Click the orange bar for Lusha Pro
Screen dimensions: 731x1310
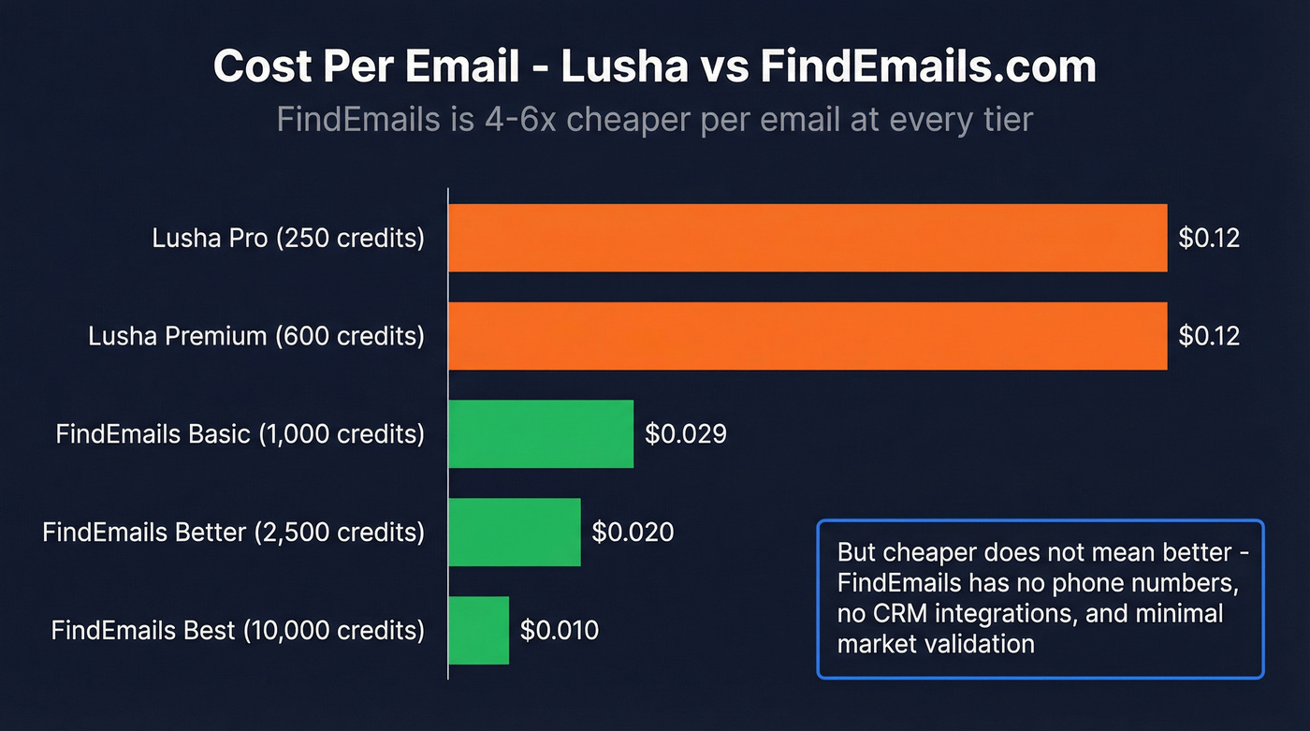point(808,238)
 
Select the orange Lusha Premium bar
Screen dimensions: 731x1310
point(808,336)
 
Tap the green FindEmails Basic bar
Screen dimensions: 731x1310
point(541,434)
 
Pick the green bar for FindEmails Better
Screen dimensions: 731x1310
point(515,532)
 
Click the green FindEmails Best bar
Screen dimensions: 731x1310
point(478,630)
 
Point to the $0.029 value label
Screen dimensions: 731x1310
point(686,434)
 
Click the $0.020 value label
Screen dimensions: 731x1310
point(633,532)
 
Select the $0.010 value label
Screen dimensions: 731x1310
point(560,630)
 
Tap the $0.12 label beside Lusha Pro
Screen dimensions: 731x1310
point(1209,238)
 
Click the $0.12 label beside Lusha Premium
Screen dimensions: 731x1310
point(1209,336)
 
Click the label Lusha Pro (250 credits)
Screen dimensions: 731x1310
point(288,238)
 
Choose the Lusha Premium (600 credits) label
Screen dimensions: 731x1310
point(256,336)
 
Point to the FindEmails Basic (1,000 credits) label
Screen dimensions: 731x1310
point(240,434)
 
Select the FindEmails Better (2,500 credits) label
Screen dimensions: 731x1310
point(233,532)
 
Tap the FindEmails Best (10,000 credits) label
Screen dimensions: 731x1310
point(238,630)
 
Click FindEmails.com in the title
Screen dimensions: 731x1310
point(927,66)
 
